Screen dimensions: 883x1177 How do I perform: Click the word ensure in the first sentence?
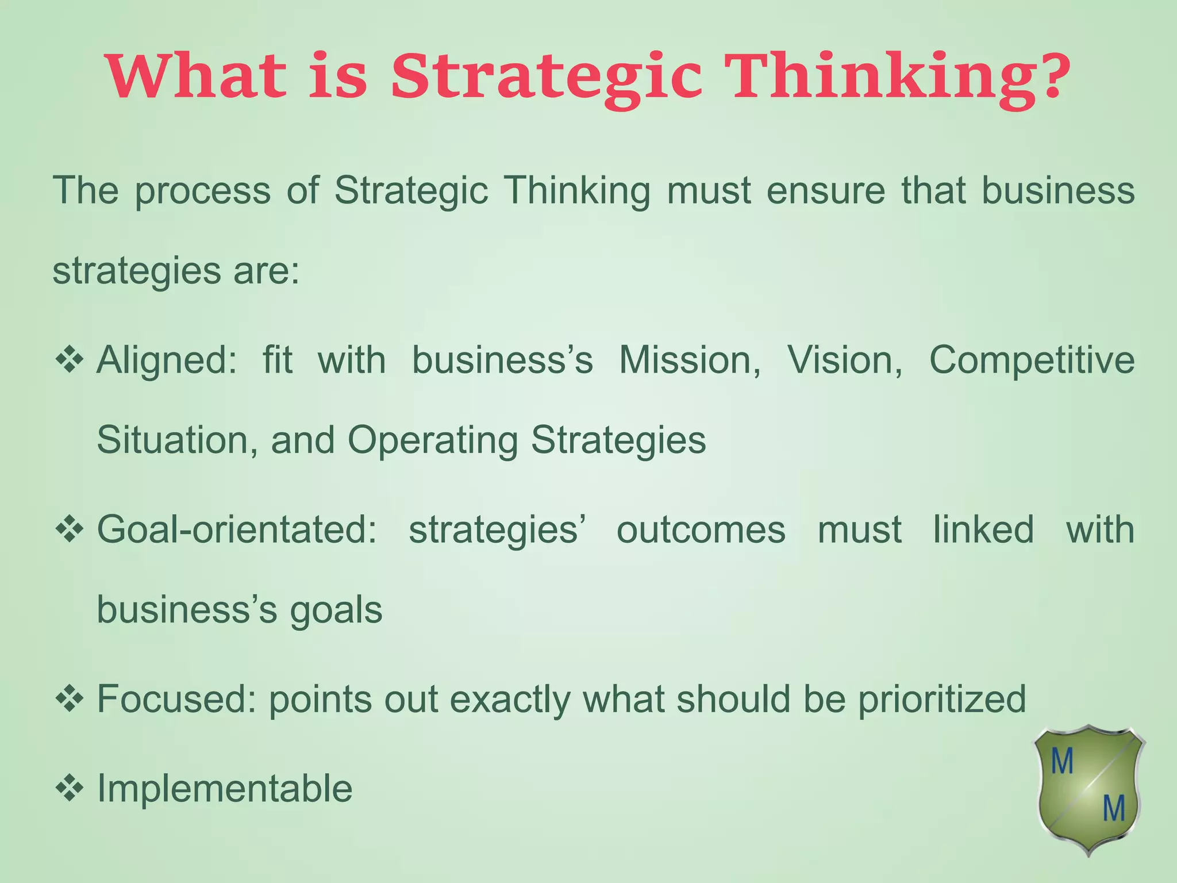click(826, 191)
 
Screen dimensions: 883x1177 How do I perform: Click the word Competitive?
click(1032, 362)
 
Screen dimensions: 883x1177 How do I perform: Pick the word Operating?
click(432, 441)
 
